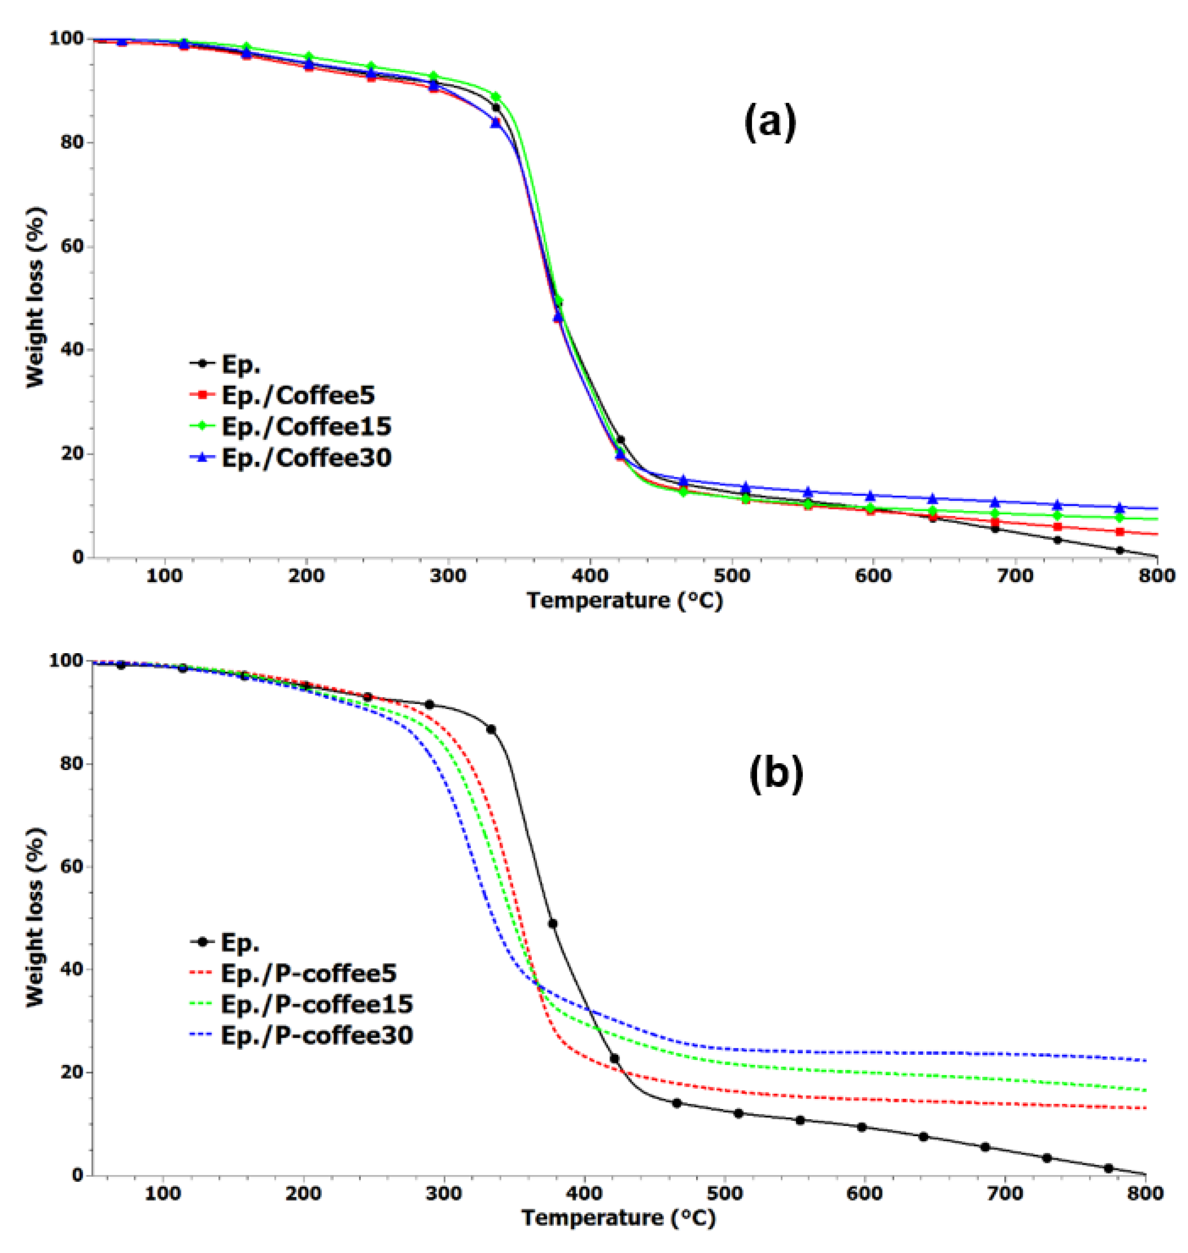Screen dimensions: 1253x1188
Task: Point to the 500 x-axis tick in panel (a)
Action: click(731, 576)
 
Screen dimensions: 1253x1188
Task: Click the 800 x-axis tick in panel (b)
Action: click(1145, 1193)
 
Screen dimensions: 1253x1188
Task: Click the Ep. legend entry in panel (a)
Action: click(241, 364)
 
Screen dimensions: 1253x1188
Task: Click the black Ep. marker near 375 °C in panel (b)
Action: click(552, 924)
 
